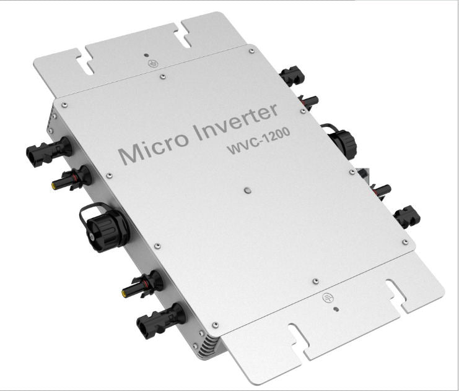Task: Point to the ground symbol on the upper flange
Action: pos(149,63)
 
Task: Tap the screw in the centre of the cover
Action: pos(247,191)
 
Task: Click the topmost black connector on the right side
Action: pos(291,77)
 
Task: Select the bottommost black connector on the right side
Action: pos(407,216)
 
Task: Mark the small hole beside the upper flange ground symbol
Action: pos(145,55)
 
